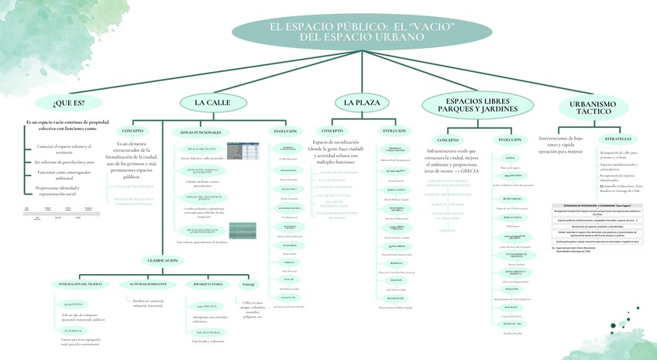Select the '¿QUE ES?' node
pyautogui.click(x=69, y=103)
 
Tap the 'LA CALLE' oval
pyautogui.click(x=212, y=102)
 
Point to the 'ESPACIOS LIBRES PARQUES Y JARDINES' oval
pyautogui.click(x=477, y=105)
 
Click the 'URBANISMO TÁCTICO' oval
pyautogui.click(x=592, y=108)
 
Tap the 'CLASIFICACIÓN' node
pyautogui.click(x=163, y=260)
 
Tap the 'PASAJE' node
pyautogui.click(x=249, y=284)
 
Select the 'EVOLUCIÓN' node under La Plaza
pyautogui.click(x=394, y=131)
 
